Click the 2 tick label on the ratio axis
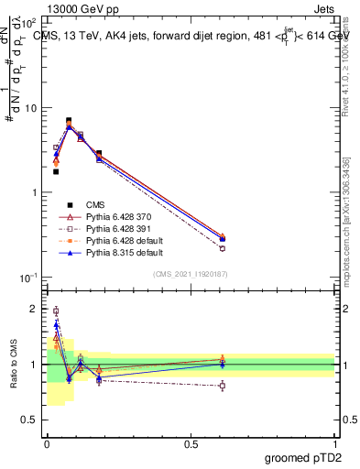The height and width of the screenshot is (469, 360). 33,310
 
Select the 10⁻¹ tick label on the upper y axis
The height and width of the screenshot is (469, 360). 27,278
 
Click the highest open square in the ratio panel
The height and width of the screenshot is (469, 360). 56,311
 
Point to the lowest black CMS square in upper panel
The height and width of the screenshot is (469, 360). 56,171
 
